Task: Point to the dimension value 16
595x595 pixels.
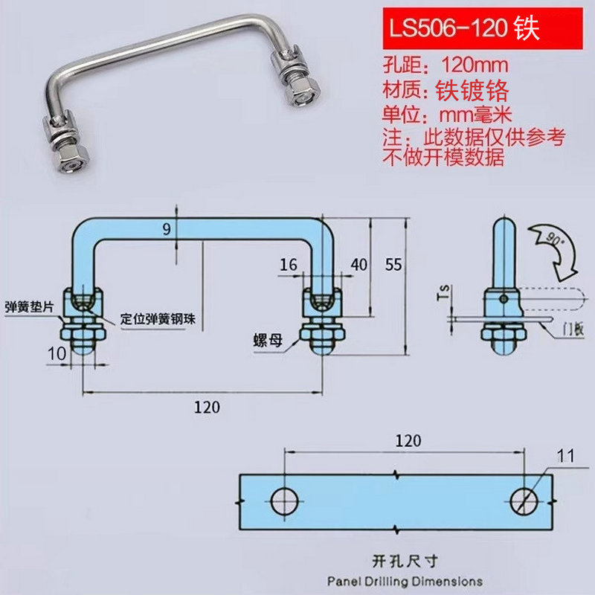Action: click(x=288, y=264)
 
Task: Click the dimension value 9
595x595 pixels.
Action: click(x=166, y=230)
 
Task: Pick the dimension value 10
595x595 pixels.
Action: click(x=57, y=353)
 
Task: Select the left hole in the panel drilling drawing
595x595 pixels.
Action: click(x=285, y=502)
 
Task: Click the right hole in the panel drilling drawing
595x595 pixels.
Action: click(x=526, y=502)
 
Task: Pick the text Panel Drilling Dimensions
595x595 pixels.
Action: click(x=404, y=581)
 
